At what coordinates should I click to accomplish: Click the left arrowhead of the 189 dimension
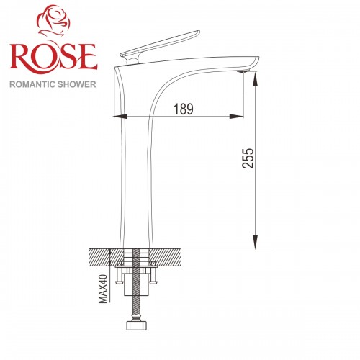[123, 115]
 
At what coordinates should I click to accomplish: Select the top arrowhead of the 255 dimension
[255, 76]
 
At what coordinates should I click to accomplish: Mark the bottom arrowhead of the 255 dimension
[255, 244]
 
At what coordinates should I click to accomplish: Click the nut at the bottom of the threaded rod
[136, 325]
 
